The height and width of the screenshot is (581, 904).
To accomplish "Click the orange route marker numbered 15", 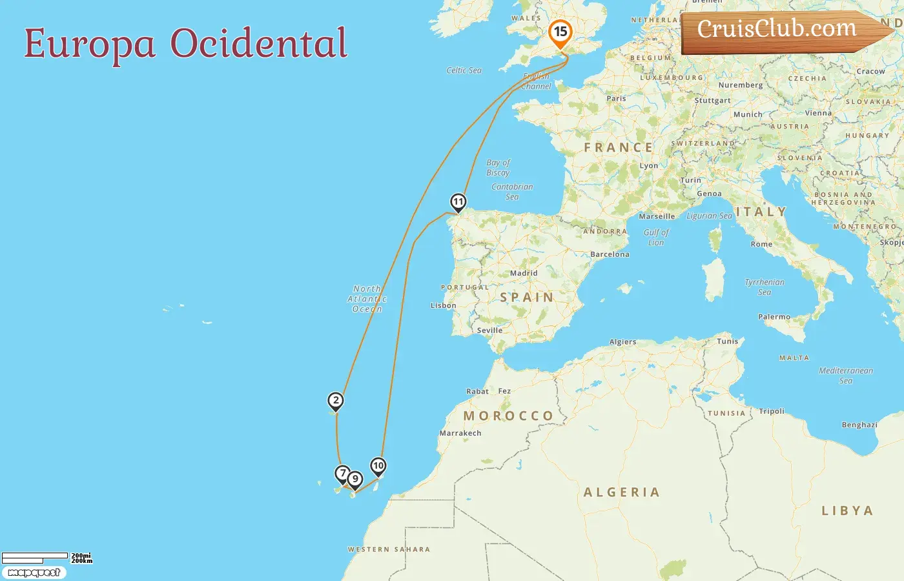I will pos(560,32).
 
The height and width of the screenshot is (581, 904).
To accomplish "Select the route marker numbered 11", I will pos(458,202).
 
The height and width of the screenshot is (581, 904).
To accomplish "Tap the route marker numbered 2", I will pos(335,401).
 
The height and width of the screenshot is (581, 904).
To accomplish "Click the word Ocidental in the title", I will pos(259,44).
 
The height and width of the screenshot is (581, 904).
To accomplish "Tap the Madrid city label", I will pos(524,273).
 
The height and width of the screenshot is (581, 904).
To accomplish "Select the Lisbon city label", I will pos(444,305).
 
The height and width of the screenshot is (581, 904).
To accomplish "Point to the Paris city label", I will pos(616,99).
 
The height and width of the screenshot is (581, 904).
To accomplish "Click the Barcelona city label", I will pos(610,254).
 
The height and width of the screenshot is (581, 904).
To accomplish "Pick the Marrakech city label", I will pos(460,433).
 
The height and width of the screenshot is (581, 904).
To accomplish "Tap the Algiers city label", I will pos(622,342).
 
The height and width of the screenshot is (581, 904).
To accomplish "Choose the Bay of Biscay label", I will pos(498,168).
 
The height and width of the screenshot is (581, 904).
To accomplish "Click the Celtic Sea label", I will pos(464,70).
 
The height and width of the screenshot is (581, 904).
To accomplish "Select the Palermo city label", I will pos(774,317).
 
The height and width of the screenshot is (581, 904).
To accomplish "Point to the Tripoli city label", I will pos(772,411).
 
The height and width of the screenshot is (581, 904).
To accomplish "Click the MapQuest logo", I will pos(34,573).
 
